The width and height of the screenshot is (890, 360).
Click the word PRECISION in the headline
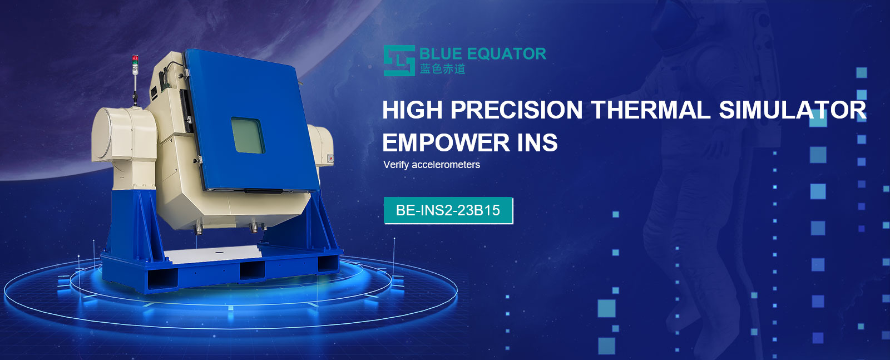517,110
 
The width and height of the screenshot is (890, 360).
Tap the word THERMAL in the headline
651,110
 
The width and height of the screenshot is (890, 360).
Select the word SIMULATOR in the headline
793,110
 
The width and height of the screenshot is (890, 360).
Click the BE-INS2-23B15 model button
448,210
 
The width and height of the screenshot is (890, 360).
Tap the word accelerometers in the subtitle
446,165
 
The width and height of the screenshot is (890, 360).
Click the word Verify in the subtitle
396,165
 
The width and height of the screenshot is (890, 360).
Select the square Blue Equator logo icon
399,61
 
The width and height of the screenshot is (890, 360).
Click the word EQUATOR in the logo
506,54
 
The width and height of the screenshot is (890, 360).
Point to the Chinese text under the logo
442,69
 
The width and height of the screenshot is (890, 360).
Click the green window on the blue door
248,135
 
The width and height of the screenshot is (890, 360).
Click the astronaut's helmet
675,26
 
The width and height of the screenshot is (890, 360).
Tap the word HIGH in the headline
412,110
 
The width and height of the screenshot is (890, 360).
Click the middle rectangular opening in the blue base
252,271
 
